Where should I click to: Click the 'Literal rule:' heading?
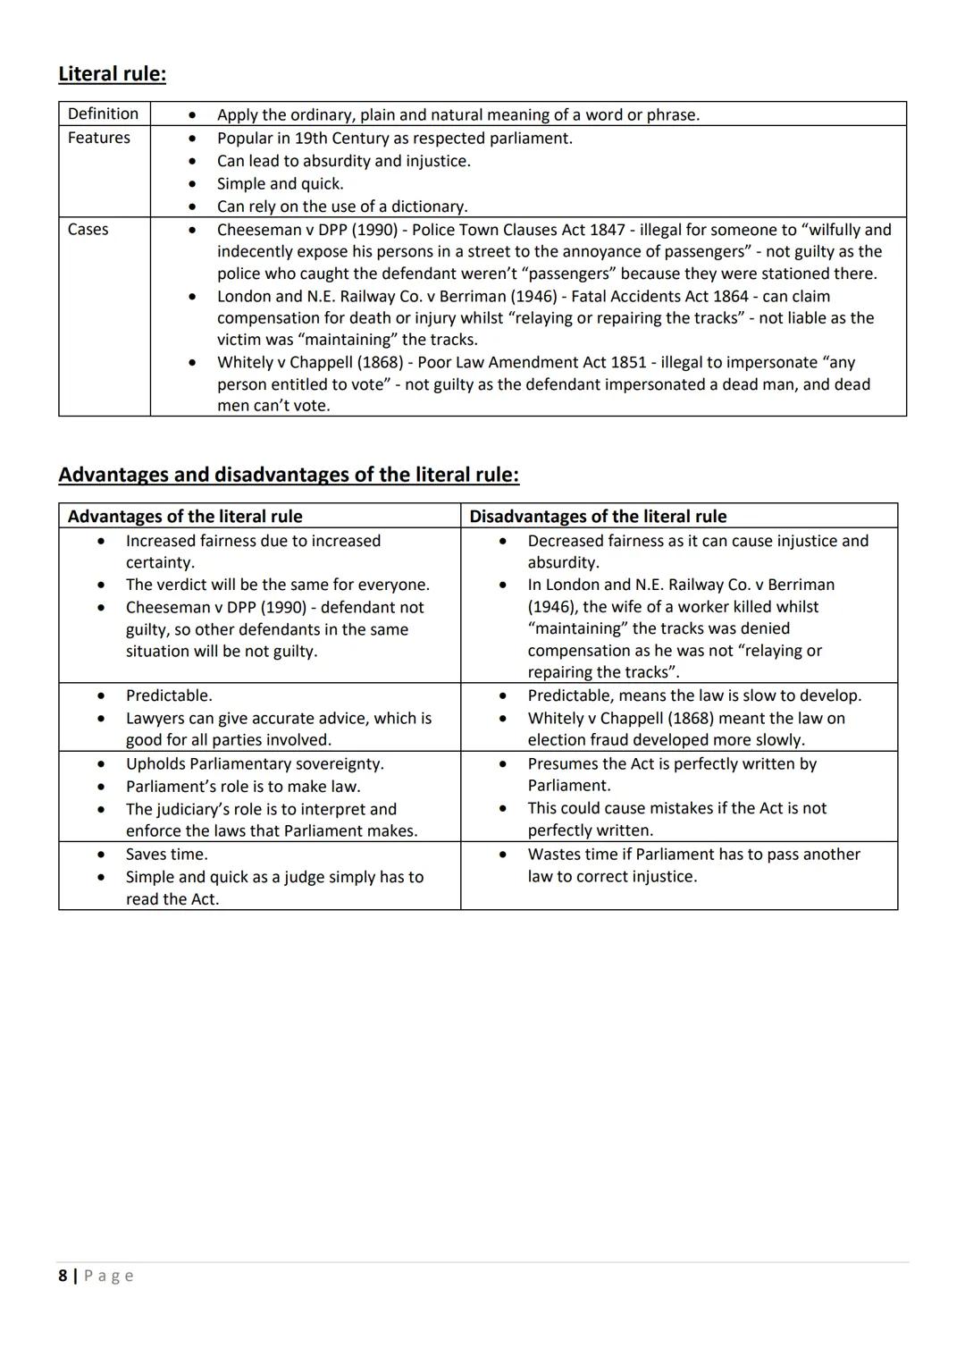point(112,74)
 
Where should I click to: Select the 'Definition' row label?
point(103,114)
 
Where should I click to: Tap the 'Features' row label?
point(98,138)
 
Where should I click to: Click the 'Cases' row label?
point(88,229)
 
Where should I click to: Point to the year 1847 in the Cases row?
point(608,230)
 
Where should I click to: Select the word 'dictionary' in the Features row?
point(426,206)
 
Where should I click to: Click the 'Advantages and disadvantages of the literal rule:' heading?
point(288,475)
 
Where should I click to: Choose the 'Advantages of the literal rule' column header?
point(185,516)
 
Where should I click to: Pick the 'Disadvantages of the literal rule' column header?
point(598,516)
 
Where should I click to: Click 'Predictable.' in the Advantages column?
point(169,695)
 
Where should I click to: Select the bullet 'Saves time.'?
point(166,854)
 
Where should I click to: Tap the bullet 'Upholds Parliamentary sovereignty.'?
point(255,763)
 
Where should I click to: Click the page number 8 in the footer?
point(63,1276)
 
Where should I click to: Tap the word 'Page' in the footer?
point(109,1276)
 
